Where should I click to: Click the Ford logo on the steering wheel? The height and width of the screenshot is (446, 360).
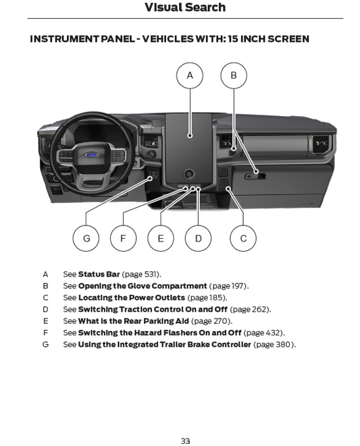click(91, 155)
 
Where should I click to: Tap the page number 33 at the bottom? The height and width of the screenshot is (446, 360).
click(186, 441)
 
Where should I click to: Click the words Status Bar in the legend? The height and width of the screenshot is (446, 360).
click(99, 274)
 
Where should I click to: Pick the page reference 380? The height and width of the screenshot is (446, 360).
click(283, 345)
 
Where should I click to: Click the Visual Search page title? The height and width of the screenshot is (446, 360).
click(185, 7)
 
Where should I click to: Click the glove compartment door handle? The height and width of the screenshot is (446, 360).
click(255, 176)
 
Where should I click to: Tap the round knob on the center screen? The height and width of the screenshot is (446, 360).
click(189, 173)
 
